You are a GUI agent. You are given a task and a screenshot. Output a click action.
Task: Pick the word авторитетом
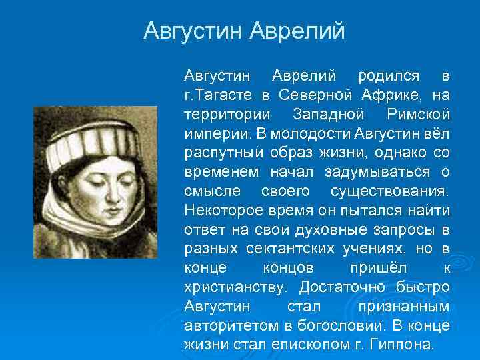225,326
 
